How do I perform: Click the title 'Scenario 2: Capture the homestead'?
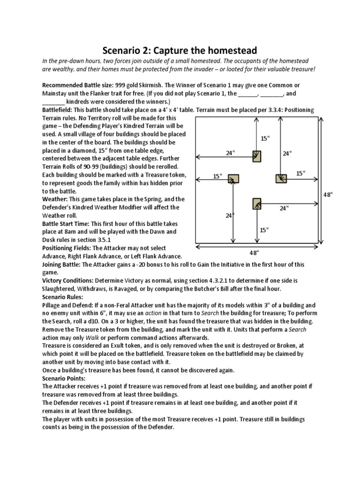[180, 50]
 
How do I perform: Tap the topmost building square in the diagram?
[256, 156]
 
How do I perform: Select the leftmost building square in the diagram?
[233, 178]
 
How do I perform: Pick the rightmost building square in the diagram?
[281, 178]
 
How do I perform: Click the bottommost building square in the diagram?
[256, 203]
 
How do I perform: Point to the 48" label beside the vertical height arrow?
[328, 194]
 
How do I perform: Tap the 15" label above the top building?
[265, 138]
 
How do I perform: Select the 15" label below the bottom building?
[264, 230]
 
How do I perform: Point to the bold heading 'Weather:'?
[56, 199]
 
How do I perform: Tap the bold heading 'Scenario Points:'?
[64, 378]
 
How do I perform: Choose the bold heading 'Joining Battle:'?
[61, 264]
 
